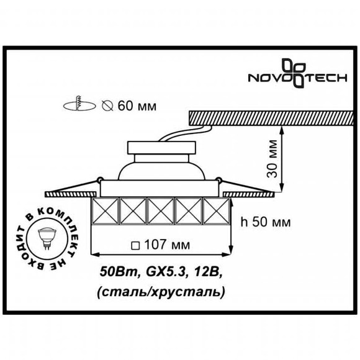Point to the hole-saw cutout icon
78,105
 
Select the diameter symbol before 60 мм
107,106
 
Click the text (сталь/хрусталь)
162,290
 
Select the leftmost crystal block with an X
105,213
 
